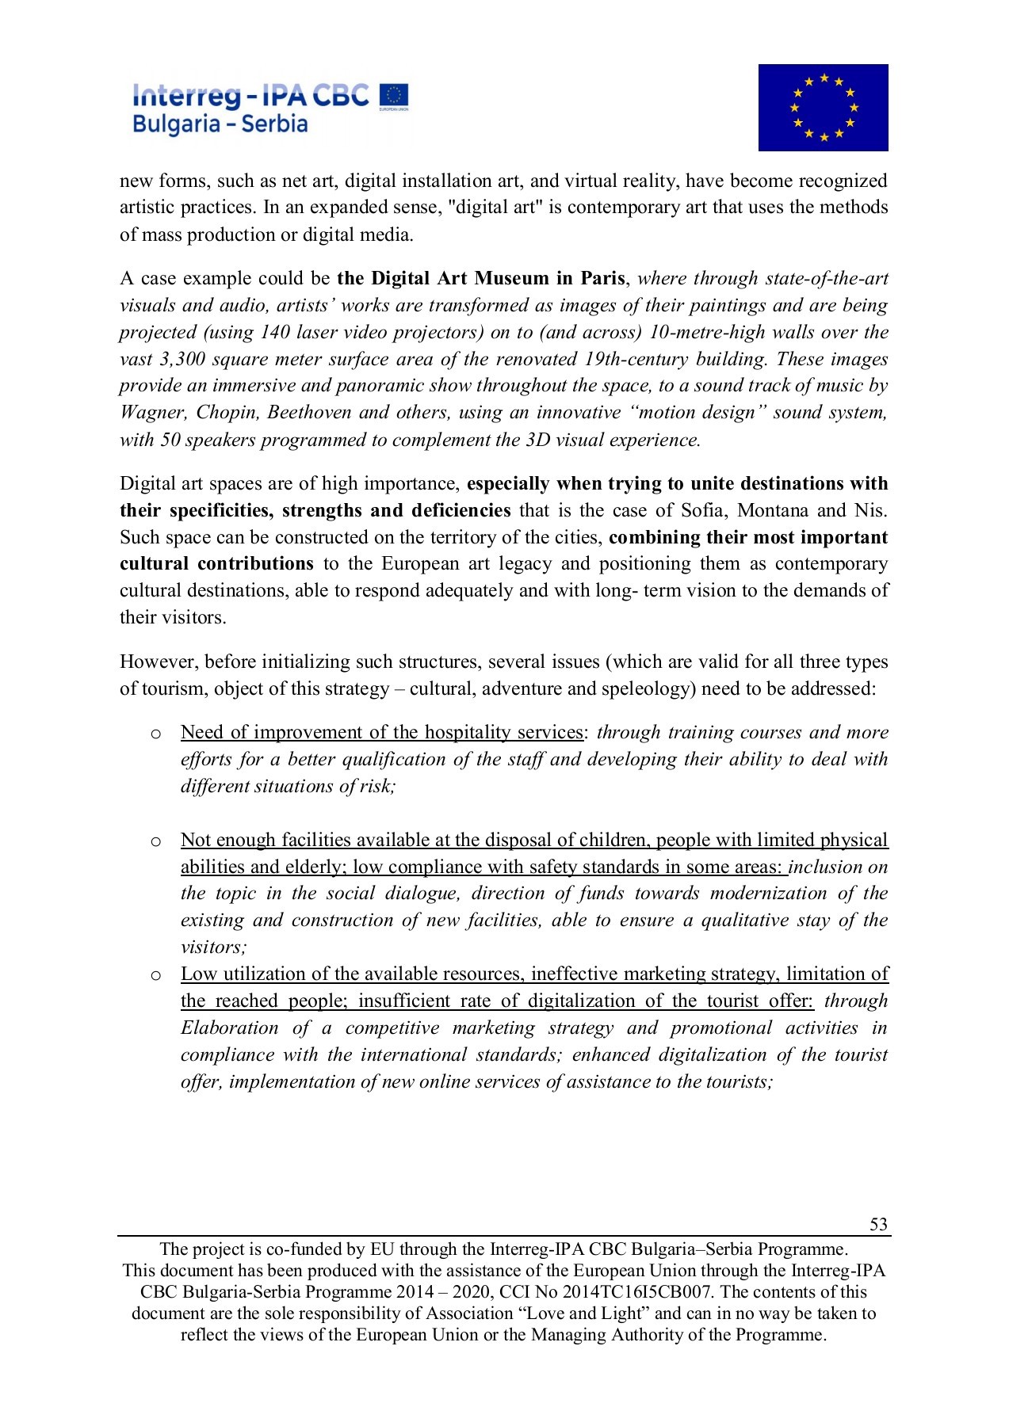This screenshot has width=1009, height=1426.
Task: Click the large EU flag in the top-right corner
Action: pos(823,108)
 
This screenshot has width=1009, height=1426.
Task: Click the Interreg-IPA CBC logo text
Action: pos(250,96)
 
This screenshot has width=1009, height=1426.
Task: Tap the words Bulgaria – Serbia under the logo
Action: pos(220,124)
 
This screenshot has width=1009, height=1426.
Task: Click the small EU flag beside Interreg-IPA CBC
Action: pos(394,96)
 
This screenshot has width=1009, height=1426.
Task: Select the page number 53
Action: pos(878,1224)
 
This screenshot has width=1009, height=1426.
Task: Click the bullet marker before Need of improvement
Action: pos(156,734)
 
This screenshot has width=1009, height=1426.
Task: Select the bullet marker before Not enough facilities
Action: pos(156,841)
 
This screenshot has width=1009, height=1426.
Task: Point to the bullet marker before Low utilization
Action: pos(156,975)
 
